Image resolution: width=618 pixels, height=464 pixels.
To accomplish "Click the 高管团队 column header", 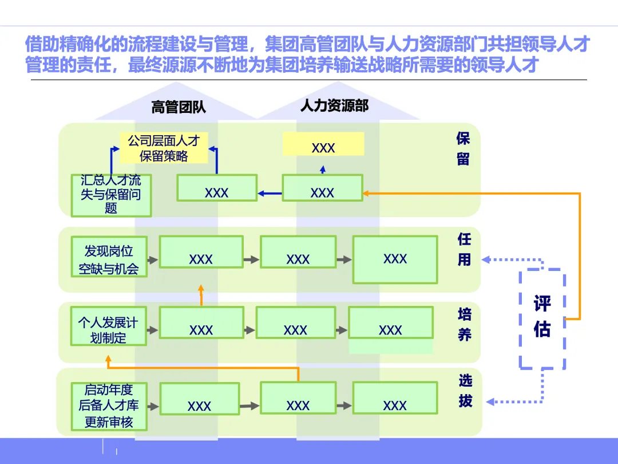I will [x=179, y=107].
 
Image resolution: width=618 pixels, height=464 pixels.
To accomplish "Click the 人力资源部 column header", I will [x=334, y=105].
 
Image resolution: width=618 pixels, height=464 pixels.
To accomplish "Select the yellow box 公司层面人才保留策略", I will [x=164, y=148].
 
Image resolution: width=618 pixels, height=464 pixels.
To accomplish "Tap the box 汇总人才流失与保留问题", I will [x=111, y=195].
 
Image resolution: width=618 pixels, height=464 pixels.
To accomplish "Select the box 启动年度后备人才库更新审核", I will [x=109, y=406].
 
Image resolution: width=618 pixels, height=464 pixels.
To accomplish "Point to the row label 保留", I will [x=463, y=148].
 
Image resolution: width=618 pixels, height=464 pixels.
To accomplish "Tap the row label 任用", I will [x=464, y=249].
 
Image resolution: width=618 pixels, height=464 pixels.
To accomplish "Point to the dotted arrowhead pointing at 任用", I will [x=486, y=259].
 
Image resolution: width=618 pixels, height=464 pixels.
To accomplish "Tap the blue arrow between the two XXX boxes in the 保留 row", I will [x=270, y=194].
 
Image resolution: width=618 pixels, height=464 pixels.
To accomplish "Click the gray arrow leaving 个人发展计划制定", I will [x=152, y=331].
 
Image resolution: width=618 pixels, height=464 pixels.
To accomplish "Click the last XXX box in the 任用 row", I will [x=395, y=259].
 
